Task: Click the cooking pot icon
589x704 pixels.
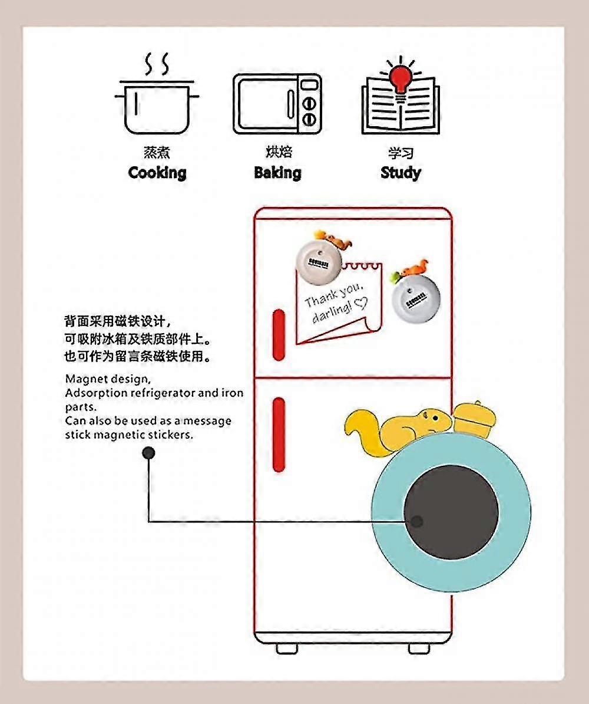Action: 157,106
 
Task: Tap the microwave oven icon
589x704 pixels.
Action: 277,104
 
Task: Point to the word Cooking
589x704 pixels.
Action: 157,173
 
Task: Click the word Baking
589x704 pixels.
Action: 277,173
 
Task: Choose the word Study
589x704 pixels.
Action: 401,173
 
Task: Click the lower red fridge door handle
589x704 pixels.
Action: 279,434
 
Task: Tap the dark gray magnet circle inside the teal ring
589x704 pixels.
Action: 452,512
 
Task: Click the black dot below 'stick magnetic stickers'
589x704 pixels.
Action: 148,453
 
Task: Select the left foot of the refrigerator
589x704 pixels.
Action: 287,648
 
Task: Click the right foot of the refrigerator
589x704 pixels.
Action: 419,648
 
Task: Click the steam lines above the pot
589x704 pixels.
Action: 157,63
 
